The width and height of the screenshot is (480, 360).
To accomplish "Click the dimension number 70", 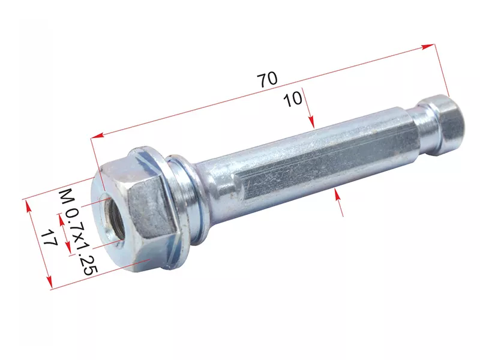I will click(268, 79).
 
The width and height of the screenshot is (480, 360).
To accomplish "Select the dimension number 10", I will click(293, 99).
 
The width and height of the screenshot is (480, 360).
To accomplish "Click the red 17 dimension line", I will click(38, 244).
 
